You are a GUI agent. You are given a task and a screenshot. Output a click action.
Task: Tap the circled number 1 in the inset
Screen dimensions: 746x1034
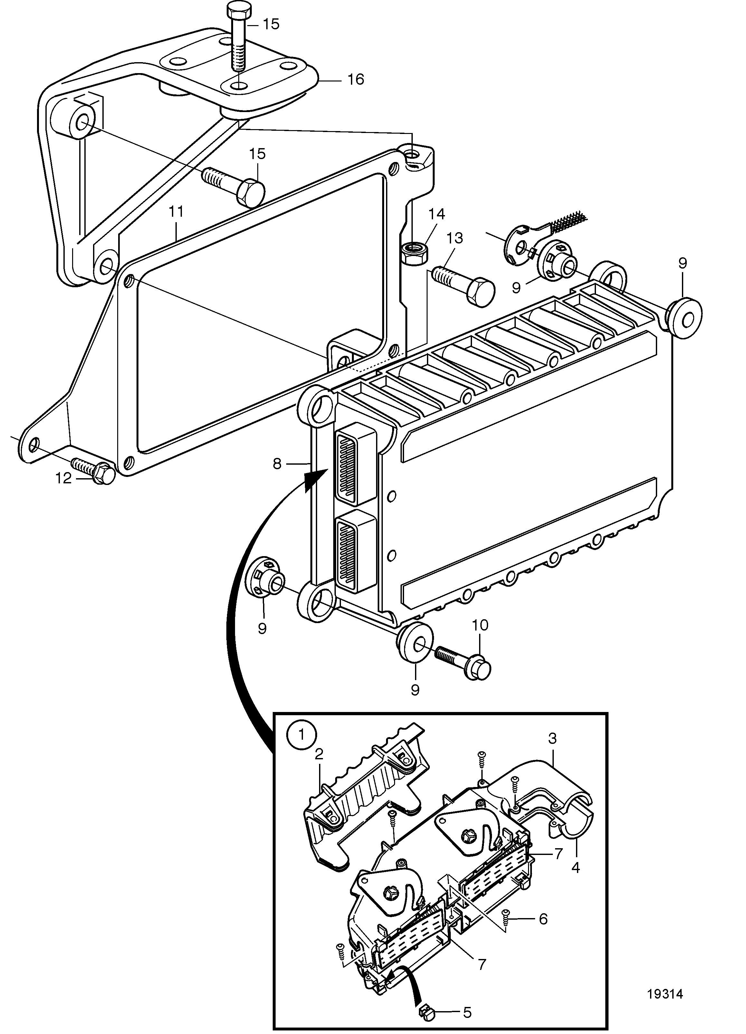pos(301,734)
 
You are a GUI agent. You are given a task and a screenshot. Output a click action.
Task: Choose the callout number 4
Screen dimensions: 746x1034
pos(576,868)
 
